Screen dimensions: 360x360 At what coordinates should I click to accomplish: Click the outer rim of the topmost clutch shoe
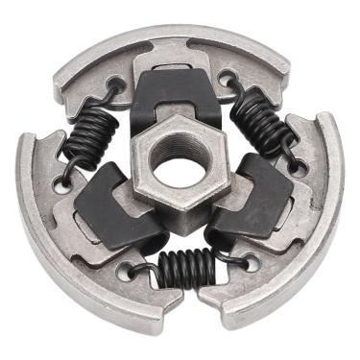tap(173, 43)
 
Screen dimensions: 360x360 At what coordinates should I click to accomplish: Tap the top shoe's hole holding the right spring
tap(227, 76)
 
